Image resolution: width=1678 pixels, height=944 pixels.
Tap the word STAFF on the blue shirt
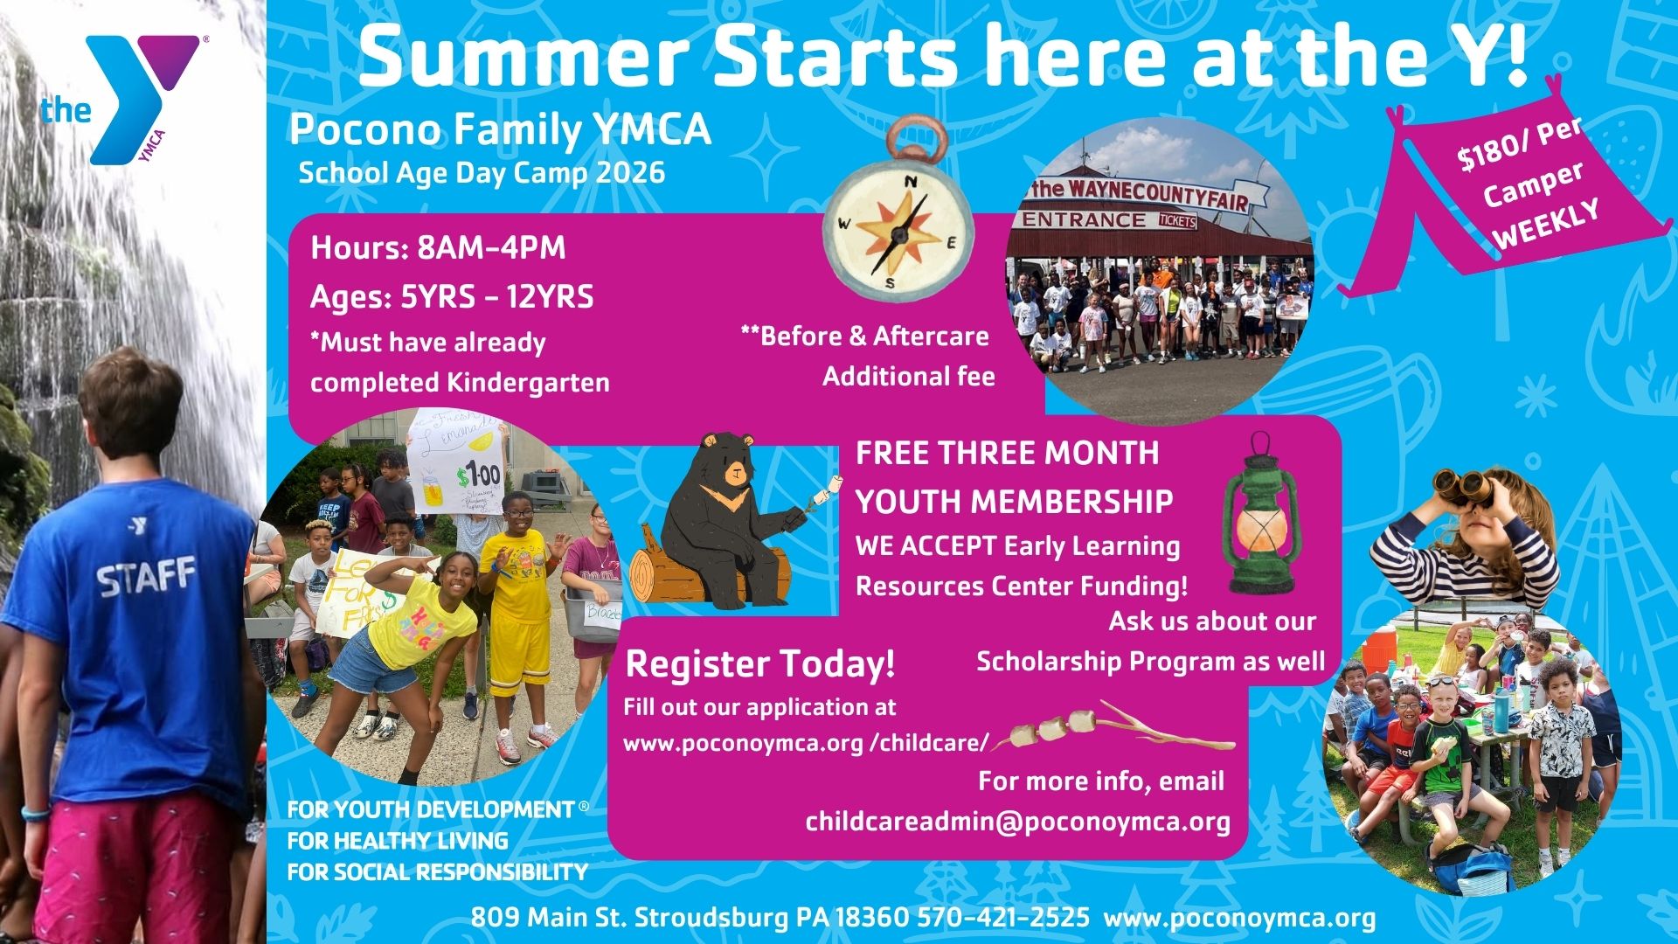[146, 578]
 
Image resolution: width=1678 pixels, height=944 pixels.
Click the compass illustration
[899, 210]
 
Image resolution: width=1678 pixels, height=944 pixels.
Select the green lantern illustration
[1261, 514]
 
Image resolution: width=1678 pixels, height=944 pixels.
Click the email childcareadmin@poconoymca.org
[1017, 822]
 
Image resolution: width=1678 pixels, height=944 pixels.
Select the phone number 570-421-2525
[1003, 918]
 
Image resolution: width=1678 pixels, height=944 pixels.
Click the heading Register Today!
[760, 664]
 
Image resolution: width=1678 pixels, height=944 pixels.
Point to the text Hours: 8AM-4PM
[438, 248]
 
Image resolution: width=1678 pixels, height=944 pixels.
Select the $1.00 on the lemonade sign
[478, 476]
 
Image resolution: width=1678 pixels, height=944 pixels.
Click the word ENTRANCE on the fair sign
[1084, 219]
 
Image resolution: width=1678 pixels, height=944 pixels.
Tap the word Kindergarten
[528, 383]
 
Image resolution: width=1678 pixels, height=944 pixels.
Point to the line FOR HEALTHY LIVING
[398, 841]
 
